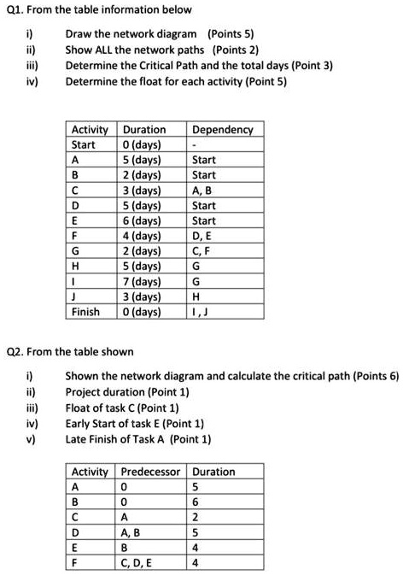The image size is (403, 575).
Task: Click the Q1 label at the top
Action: pos(15,11)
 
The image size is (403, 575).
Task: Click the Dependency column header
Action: pos(223,130)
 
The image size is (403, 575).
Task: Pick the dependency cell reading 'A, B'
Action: pos(205,190)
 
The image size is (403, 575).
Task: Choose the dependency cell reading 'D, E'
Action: pos(205,235)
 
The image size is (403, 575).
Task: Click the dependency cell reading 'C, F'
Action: pos(205,250)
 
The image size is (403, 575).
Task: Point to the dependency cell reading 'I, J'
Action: pos(201,311)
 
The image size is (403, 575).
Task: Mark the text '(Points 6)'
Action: pos(372,375)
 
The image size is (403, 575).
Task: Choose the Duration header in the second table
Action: pos(214,472)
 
